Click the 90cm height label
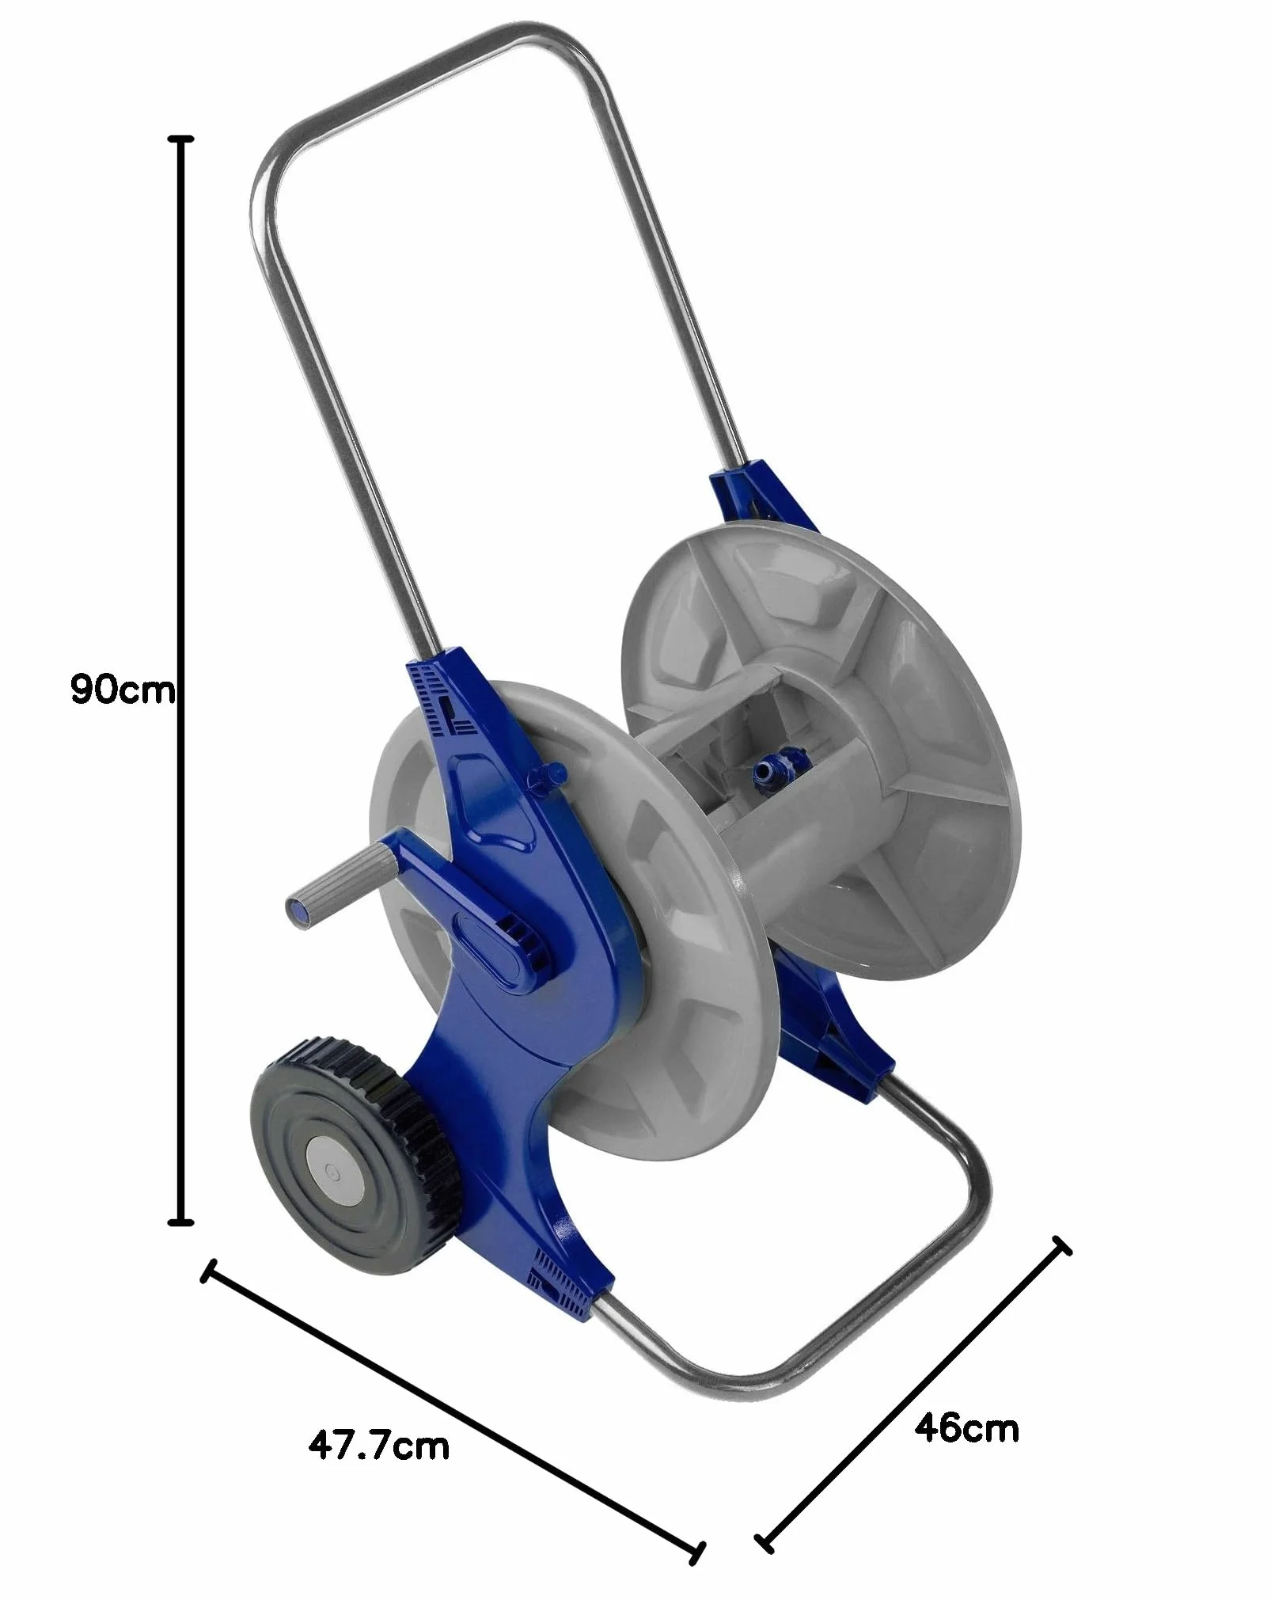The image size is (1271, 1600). tap(122, 690)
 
